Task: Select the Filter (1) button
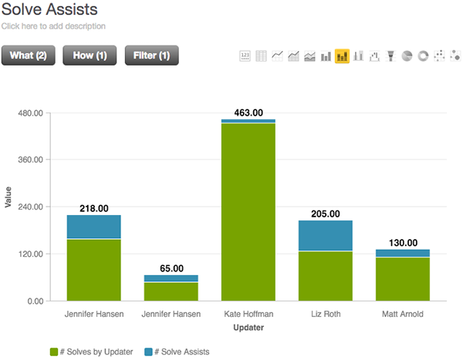(x=152, y=56)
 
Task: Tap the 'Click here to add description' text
(x=54, y=26)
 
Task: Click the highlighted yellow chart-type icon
(x=342, y=56)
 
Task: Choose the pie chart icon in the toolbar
(x=407, y=56)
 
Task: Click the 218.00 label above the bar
(x=93, y=208)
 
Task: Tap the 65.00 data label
(x=171, y=268)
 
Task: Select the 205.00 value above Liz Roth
(x=325, y=214)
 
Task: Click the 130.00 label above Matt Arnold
(x=402, y=243)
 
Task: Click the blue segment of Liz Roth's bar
(x=325, y=235)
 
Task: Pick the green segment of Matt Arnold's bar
(x=402, y=279)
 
